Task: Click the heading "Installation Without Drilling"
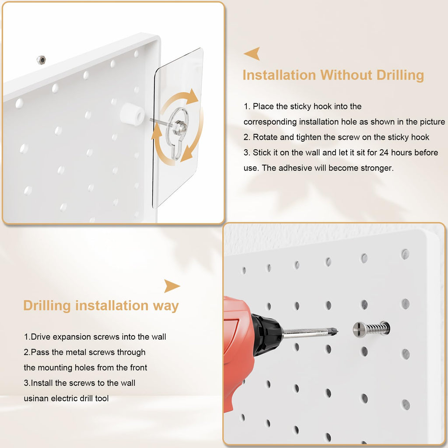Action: coord(333,75)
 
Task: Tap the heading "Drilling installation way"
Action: coord(101,305)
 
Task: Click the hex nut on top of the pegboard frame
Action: coord(41,60)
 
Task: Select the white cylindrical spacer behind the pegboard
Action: coord(132,114)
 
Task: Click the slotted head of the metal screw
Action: coord(360,329)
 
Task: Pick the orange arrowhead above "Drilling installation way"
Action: coord(171,286)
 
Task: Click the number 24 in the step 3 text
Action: coord(384,153)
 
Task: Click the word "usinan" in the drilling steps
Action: coord(36,398)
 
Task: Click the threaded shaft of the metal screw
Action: coord(378,328)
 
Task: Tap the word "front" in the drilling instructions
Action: coord(139,367)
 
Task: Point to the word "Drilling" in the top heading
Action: coord(400,75)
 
